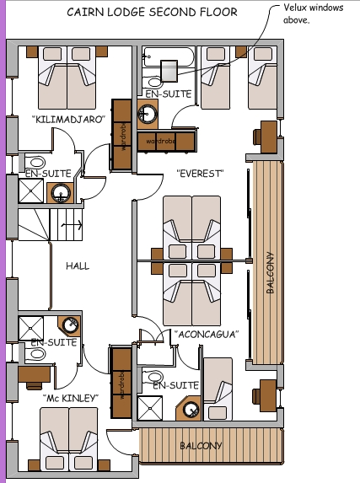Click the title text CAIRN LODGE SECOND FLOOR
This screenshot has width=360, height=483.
tap(152, 12)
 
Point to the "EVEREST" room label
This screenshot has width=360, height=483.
tap(199, 173)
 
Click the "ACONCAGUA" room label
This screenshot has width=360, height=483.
tap(207, 334)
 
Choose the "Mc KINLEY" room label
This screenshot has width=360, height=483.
tap(71, 397)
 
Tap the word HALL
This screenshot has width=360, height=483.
tap(78, 266)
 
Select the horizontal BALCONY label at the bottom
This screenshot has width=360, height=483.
tap(200, 445)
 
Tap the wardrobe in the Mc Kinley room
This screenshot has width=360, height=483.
tap(121, 383)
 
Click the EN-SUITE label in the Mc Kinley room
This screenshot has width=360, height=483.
tap(53, 343)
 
